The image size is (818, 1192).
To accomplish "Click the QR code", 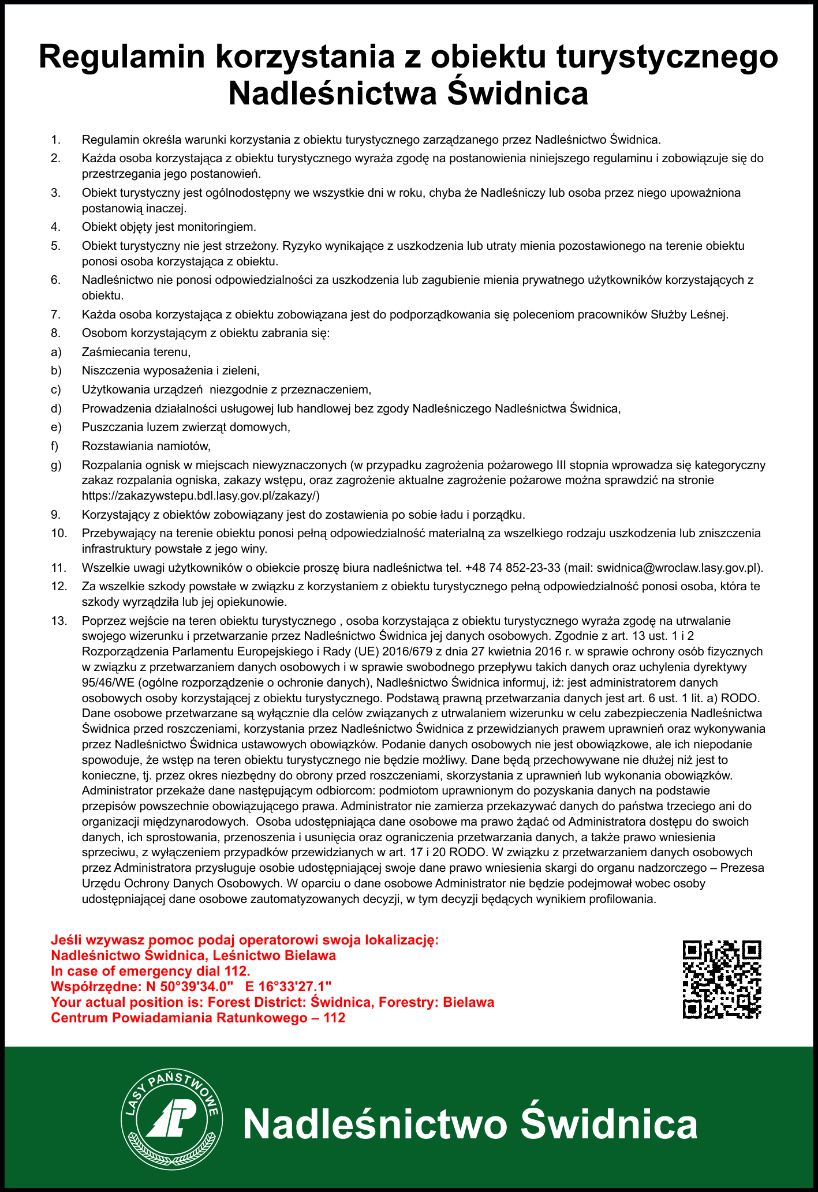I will (x=722, y=979).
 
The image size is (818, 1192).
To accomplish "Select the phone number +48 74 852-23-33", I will (x=513, y=568).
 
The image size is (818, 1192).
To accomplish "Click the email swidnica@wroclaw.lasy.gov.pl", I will (x=676, y=568).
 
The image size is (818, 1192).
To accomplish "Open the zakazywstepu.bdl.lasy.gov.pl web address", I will (x=201, y=496).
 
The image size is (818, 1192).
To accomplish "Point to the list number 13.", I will (x=59, y=621).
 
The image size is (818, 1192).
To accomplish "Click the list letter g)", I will (x=56, y=465).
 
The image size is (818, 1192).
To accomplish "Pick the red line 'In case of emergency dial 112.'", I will (x=151, y=970).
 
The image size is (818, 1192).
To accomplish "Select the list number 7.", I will (x=56, y=314).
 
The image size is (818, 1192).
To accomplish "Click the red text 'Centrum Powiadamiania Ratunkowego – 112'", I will (x=198, y=1018).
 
